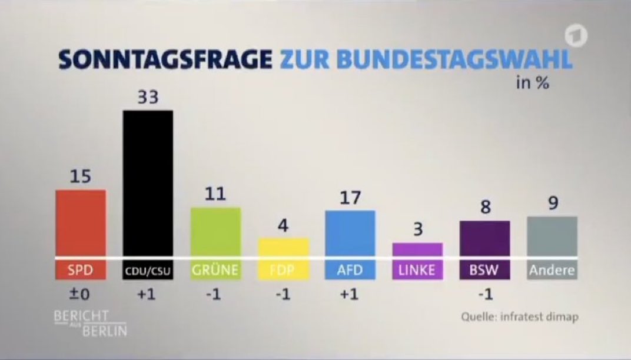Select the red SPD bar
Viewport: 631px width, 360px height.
pos(81,224)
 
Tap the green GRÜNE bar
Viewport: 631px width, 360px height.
pos(215,232)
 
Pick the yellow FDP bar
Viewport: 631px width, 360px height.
pos(284,247)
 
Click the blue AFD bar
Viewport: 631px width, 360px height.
pos(350,233)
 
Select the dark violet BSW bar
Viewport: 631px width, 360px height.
pos(485,238)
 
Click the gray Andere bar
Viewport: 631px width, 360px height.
pos(552,236)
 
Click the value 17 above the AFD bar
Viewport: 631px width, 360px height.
pos(350,198)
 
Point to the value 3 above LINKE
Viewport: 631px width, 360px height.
pos(417,230)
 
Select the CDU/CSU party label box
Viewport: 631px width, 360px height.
pos(148,271)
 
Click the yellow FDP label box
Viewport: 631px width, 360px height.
pos(284,271)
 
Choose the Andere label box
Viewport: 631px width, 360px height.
pos(552,271)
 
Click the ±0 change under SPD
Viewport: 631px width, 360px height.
pos(80,295)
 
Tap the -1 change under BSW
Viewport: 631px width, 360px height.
pos(485,295)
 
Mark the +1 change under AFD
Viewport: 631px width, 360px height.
pos(350,295)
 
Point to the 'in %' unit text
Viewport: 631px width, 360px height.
pos(532,84)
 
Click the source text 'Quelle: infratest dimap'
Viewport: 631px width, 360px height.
pos(520,317)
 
